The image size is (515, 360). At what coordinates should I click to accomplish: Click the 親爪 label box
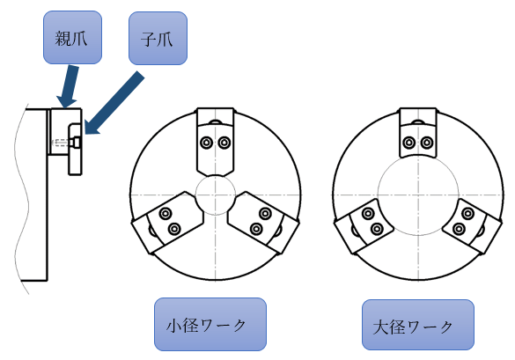[72, 37]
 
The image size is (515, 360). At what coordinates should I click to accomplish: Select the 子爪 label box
[158, 38]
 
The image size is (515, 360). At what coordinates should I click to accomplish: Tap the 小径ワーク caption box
[210, 324]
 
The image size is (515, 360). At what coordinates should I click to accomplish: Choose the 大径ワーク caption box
[418, 325]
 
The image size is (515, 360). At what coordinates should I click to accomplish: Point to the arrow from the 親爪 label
[69, 87]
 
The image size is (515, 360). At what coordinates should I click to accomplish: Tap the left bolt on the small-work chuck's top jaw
[206, 143]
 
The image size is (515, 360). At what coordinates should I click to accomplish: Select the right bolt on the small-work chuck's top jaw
[224, 143]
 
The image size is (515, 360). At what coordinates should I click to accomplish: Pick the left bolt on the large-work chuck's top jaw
[408, 143]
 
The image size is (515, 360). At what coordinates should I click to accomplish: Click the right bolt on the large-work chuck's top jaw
[427, 143]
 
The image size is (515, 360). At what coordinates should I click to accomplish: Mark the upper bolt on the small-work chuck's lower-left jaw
[166, 214]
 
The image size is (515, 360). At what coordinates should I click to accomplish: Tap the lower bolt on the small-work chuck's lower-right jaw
[256, 229]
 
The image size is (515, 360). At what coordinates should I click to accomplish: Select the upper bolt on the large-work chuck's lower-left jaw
[368, 214]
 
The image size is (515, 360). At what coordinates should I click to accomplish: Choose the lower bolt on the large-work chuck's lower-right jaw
[459, 229]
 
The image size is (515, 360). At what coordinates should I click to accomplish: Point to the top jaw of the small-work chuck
[216, 142]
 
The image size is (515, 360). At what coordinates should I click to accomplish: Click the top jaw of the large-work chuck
[418, 133]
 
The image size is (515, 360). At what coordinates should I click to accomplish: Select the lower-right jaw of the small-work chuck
[263, 223]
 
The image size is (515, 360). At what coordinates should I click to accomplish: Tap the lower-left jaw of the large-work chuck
[364, 226]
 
